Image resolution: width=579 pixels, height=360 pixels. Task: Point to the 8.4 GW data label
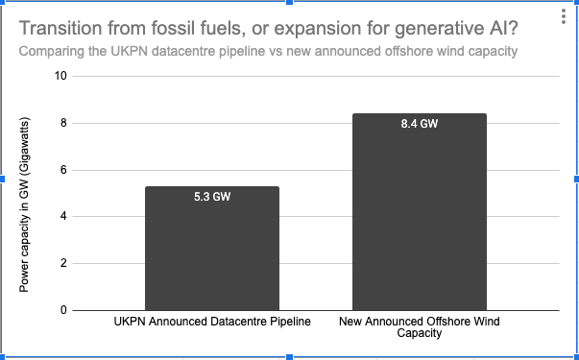tap(420, 124)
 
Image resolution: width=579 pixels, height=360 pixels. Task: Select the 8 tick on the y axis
tap(63, 123)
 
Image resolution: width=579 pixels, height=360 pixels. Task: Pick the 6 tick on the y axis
tap(63, 170)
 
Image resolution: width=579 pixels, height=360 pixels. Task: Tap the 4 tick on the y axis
tap(63, 216)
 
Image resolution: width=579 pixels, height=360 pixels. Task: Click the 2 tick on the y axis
tap(63, 263)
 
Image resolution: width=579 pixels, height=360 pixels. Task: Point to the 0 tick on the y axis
tap(63, 310)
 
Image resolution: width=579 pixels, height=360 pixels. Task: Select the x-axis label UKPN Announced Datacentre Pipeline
tap(211, 322)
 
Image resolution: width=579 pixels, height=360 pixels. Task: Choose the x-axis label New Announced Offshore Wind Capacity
tap(420, 327)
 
